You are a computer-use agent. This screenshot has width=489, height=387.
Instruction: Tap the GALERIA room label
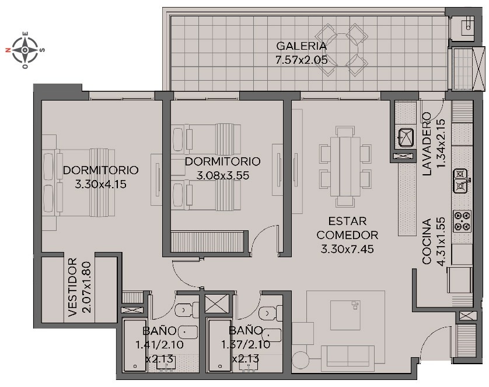(301, 46)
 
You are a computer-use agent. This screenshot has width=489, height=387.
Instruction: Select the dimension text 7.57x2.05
(301, 59)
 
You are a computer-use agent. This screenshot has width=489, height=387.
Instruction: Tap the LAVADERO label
(427, 144)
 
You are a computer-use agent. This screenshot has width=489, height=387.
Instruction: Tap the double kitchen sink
(460, 180)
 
